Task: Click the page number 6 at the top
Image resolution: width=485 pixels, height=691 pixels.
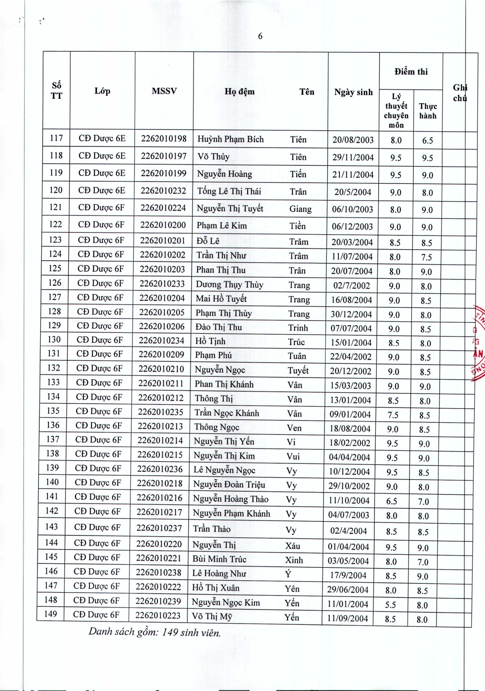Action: tap(260, 36)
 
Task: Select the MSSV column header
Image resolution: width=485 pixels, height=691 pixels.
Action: tap(164, 91)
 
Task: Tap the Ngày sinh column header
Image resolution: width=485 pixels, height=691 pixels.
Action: tap(353, 92)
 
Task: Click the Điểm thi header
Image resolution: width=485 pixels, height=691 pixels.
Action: tap(411, 72)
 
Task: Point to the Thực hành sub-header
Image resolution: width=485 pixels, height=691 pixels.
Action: tap(428, 111)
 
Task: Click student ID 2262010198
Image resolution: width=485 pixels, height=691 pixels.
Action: tap(164, 139)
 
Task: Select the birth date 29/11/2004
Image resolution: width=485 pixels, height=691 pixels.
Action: tap(353, 157)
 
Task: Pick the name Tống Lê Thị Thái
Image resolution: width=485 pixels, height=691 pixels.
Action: tap(229, 191)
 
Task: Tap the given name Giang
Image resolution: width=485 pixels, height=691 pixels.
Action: tap(300, 209)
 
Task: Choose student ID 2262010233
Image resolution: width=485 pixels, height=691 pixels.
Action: tap(162, 283)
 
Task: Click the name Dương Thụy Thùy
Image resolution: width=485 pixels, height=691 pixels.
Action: tap(230, 285)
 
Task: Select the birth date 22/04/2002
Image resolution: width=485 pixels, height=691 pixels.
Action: tap(351, 357)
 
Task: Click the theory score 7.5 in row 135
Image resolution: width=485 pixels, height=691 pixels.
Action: tap(393, 415)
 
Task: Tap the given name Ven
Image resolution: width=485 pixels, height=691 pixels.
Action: tap(294, 428)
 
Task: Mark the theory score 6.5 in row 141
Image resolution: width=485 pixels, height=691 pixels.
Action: tap(391, 501)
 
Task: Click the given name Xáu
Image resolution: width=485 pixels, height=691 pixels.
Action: tap(292, 546)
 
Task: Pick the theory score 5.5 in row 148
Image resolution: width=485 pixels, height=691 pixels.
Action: tap(391, 605)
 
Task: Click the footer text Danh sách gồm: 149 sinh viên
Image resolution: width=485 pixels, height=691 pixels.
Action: tap(154, 632)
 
